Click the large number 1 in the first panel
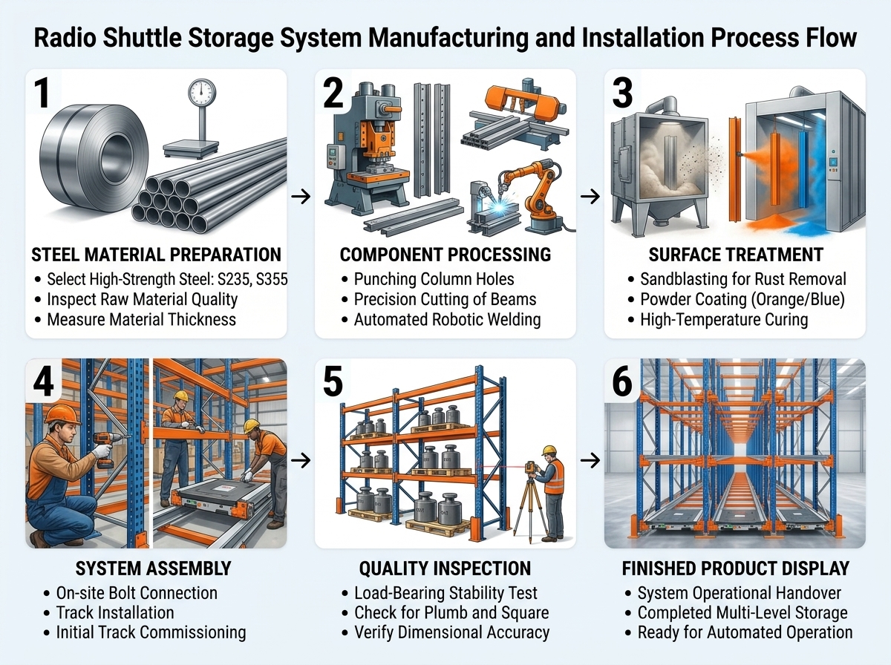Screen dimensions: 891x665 pos(42,93)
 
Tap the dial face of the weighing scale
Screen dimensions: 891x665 pos(202,93)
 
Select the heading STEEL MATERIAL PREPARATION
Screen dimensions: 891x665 pos(156,255)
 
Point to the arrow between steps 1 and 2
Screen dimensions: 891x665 pos(301,197)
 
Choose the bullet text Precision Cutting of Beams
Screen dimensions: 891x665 pos(445,299)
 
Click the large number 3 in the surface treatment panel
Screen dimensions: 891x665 pos(623,94)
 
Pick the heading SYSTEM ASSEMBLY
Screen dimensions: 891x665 pos(153,569)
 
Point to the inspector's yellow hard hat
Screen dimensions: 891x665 pos(549,451)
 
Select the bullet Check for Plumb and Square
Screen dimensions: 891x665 pos(451,612)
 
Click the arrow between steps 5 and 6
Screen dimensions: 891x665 pos(590,460)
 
